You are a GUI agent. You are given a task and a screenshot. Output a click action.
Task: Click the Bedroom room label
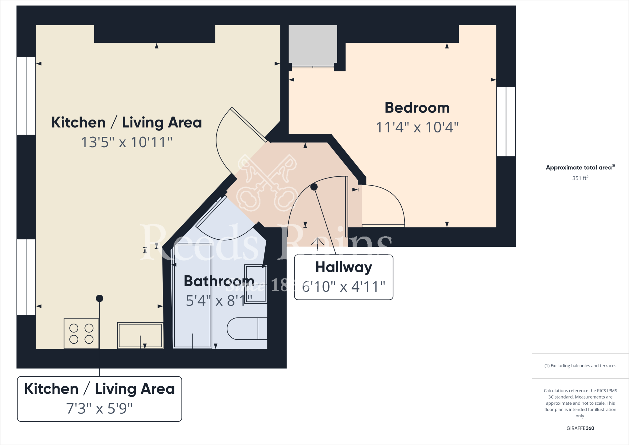tap(417, 108)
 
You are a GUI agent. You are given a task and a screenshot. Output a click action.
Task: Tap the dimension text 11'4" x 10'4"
tap(417, 127)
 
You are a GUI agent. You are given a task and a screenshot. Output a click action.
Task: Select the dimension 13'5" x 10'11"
tap(127, 142)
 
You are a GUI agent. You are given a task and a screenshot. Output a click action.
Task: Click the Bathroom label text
tap(219, 281)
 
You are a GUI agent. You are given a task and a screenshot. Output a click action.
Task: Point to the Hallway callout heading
tap(344, 267)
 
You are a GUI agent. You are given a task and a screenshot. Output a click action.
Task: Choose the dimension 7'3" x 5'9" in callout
tap(99, 408)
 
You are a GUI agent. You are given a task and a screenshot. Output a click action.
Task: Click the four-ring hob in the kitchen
tap(81, 333)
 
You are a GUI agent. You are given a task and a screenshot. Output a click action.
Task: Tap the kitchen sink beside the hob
tap(140, 335)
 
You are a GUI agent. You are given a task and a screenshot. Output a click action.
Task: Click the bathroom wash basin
tap(255, 284)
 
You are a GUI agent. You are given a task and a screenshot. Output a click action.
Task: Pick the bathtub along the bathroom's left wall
tap(193, 296)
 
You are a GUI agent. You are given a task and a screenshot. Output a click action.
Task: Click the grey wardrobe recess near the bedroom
tap(313, 45)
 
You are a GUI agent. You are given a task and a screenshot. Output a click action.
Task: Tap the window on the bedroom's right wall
tap(506, 122)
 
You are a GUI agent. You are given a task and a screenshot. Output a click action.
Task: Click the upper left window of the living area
tap(26, 96)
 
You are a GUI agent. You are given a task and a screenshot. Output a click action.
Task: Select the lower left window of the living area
tap(26, 277)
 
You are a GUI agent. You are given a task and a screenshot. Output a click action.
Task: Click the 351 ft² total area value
tap(580, 178)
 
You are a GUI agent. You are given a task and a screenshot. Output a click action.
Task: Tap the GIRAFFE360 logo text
tap(580, 428)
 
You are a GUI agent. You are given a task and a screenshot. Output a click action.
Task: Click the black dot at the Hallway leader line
tap(314, 187)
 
